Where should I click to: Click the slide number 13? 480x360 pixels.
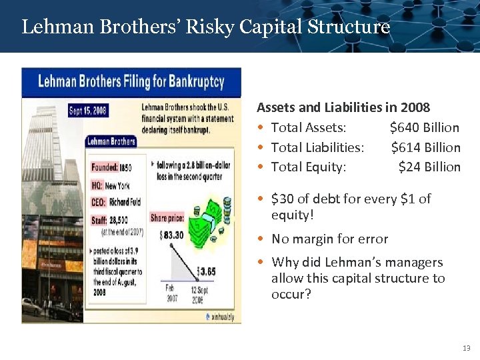[x=466, y=348]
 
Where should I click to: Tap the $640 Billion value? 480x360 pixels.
[x=424, y=127]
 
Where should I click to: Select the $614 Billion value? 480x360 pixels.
[x=425, y=147]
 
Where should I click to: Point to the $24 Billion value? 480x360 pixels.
[x=429, y=167]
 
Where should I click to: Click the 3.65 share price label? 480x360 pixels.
[x=207, y=272]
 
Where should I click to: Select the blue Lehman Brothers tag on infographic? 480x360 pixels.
[x=111, y=141]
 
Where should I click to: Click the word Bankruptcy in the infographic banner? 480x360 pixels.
[x=193, y=83]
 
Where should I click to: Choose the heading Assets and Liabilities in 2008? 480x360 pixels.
[x=343, y=107]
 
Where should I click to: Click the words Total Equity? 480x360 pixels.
[x=309, y=167]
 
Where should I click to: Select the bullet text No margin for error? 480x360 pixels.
[x=329, y=239]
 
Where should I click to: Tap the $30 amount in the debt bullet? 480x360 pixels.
[x=284, y=199]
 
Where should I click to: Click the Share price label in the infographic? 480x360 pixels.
[x=168, y=218]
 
